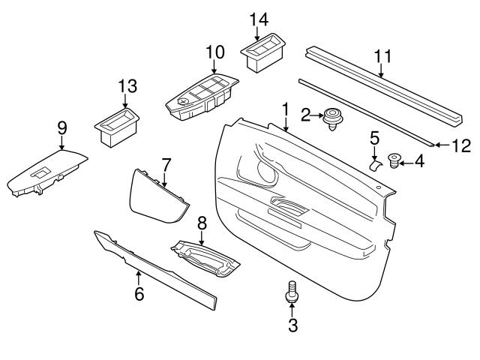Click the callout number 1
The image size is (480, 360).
(285, 110)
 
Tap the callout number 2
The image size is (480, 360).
(305, 115)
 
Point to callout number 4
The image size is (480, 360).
(419, 160)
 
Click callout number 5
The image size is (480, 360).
(374, 137)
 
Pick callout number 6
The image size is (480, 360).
(139, 294)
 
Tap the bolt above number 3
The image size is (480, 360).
(292, 293)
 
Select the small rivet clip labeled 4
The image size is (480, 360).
(395, 159)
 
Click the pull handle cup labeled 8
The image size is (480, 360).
(205, 258)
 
